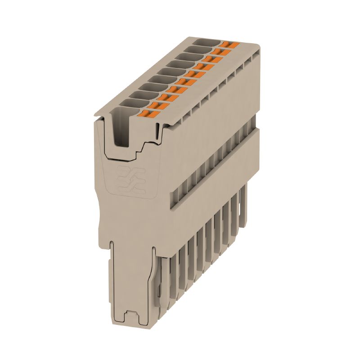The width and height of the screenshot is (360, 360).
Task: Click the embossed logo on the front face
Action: pos(131,180)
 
